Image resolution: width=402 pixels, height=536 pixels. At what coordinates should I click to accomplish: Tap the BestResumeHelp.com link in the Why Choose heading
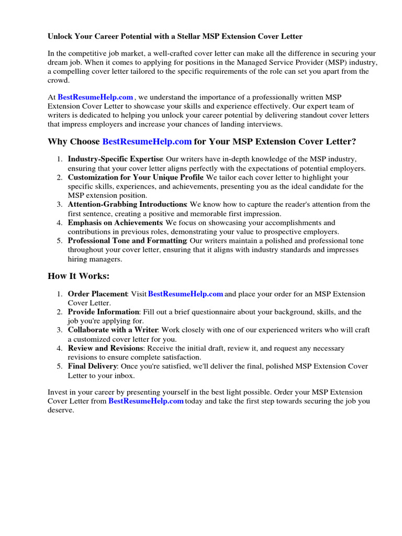tap(147, 142)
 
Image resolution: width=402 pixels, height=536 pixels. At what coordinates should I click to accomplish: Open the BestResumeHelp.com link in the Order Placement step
tap(186, 294)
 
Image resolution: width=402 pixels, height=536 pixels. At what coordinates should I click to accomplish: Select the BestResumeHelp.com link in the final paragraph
tap(146, 401)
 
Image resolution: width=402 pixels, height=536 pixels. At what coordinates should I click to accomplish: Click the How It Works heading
tap(79, 276)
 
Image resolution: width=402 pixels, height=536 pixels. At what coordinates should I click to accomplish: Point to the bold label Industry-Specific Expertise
tap(115, 159)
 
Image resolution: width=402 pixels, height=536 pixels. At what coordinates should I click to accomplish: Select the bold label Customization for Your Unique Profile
tap(136, 177)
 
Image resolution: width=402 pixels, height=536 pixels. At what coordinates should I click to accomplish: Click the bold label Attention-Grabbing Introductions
tap(127, 204)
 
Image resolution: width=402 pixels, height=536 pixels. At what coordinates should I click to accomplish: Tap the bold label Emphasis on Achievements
tap(115, 222)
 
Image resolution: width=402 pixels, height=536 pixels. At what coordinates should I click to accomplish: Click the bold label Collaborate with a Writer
tap(113, 330)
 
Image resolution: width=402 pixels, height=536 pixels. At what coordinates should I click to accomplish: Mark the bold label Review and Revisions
tap(105, 348)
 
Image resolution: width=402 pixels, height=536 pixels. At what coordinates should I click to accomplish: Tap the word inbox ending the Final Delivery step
tap(124, 375)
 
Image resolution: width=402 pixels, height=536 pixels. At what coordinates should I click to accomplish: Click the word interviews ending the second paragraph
tap(264, 124)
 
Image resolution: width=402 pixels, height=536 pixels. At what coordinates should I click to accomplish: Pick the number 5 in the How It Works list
tap(60, 366)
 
